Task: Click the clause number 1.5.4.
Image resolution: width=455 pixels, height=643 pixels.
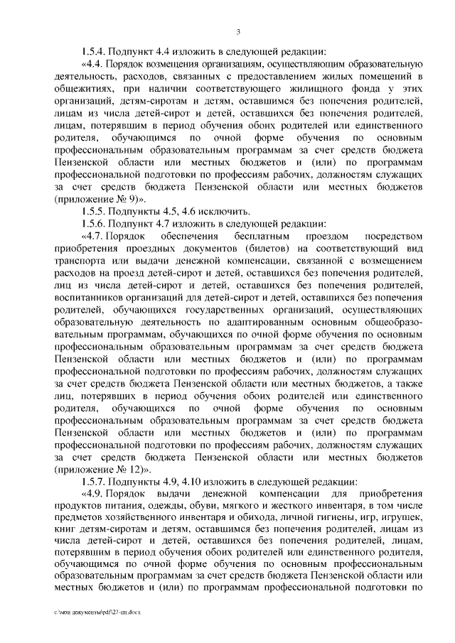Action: coord(95,51)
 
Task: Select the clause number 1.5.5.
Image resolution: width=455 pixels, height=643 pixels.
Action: coord(95,212)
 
